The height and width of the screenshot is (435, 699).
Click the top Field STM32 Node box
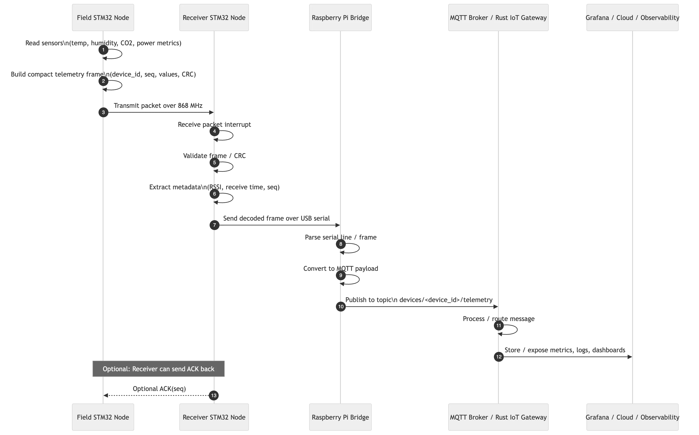click(103, 17)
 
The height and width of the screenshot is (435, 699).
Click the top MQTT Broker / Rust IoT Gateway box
click(498, 17)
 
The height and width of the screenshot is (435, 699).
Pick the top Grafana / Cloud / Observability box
click(633, 17)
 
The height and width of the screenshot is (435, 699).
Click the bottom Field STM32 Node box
click(103, 417)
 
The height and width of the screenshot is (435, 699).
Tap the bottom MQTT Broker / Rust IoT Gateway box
click(498, 417)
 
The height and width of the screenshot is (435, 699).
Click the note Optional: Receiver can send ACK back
click(158, 369)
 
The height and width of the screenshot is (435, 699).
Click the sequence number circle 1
click(103, 50)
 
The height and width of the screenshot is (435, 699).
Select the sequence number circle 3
click(103, 112)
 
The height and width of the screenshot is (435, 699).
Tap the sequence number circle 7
click(214, 225)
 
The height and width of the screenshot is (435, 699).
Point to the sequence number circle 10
click(341, 306)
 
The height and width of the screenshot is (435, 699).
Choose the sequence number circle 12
click(499, 357)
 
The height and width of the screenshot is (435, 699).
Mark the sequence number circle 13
click(214, 395)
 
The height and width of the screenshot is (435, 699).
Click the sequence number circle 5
click(214, 163)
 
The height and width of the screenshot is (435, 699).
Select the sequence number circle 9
click(341, 275)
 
